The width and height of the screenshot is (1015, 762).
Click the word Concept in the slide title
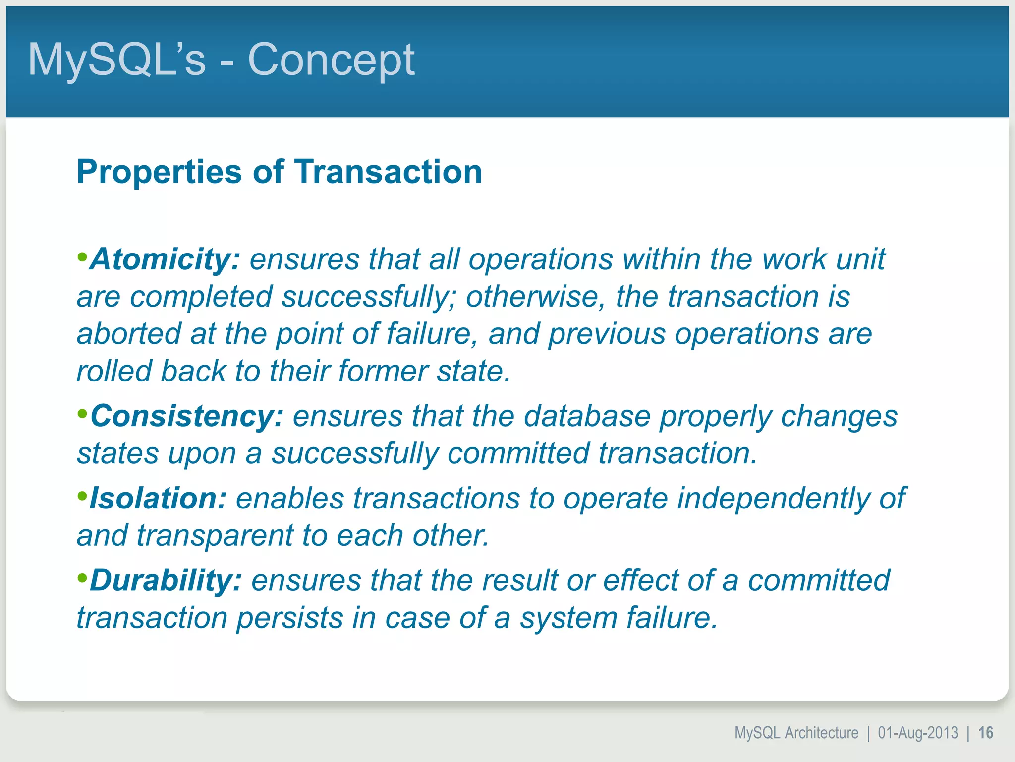point(331,60)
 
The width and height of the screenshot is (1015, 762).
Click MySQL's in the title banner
point(116,60)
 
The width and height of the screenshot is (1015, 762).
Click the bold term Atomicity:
point(165,259)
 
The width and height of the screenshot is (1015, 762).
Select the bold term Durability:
point(166,580)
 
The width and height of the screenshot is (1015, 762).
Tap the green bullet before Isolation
point(82,496)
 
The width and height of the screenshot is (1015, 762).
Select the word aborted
point(129,334)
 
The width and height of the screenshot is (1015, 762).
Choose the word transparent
point(215,536)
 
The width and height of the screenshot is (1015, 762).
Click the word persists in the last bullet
point(289,618)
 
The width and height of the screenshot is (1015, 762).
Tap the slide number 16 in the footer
point(985,733)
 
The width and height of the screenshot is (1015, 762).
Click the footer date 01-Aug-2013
point(918,733)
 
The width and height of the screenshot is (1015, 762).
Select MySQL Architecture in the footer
point(796,733)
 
